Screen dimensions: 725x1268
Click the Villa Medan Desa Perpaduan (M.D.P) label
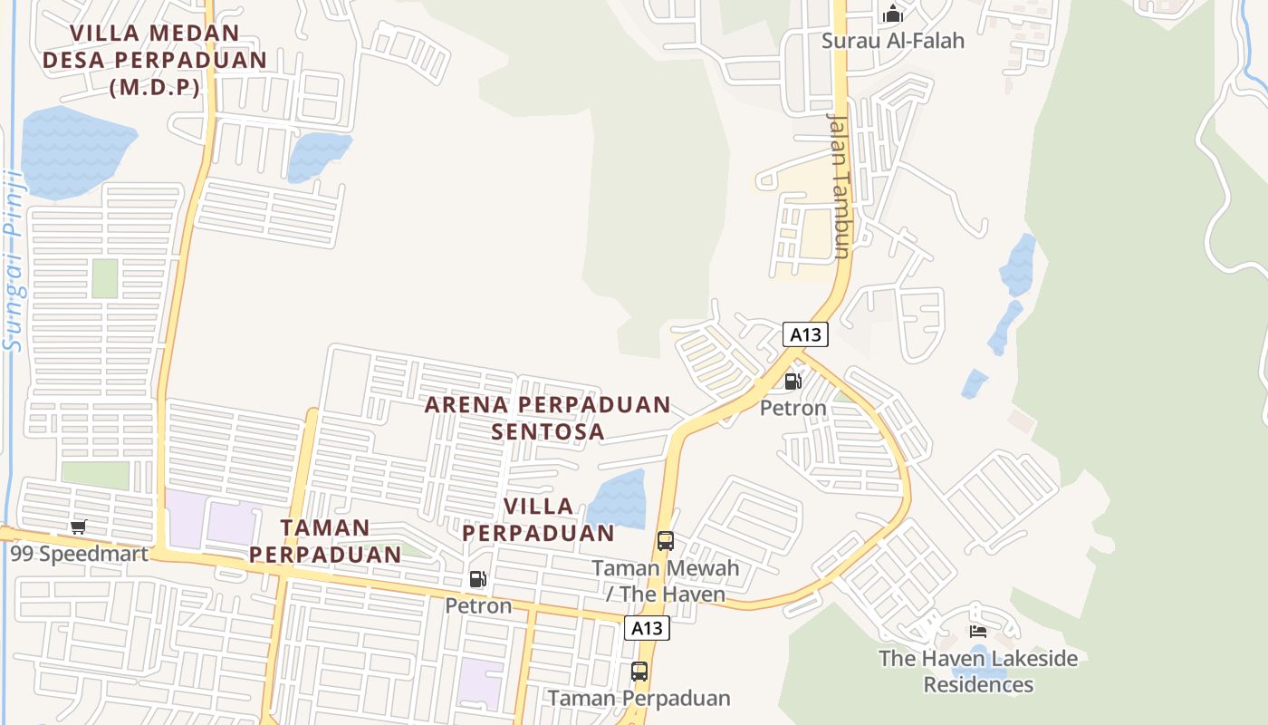tap(155, 60)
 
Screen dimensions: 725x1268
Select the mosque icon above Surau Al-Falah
tap(893, 14)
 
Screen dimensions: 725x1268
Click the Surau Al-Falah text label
tap(893, 41)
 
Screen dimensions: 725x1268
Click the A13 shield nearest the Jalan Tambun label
tap(805, 334)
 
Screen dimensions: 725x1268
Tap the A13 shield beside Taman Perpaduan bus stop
tap(647, 628)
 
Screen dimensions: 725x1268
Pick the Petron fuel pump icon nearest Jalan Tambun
tap(792, 382)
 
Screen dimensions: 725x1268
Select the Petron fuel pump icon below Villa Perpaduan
tap(477, 579)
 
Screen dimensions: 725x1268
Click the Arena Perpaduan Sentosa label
tap(548, 418)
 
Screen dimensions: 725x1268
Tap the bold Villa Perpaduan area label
tap(539, 519)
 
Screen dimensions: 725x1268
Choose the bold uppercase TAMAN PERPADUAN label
tap(325, 540)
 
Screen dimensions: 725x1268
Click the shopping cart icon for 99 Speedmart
tap(79, 527)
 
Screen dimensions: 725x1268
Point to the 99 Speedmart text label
tap(80, 552)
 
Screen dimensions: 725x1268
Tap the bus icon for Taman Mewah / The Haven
tap(666, 541)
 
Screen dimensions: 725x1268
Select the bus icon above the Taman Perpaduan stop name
tap(639, 672)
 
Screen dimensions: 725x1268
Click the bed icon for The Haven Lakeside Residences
tap(977, 631)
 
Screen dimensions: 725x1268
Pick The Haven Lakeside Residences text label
tap(978, 671)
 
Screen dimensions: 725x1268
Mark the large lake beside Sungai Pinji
tap(72, 150)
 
